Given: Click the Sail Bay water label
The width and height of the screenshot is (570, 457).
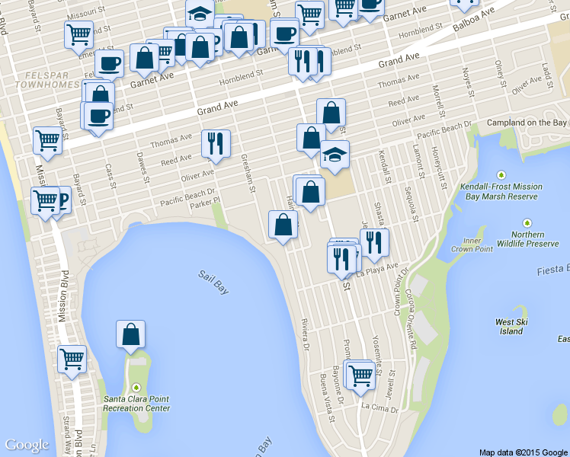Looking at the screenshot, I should [214, 282].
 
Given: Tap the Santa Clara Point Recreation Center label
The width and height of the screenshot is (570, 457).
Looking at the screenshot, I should [136, 403].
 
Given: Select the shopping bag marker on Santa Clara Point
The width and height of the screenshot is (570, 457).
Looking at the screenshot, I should [131, 335].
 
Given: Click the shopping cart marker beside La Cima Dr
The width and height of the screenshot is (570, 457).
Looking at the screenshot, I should [360, 374].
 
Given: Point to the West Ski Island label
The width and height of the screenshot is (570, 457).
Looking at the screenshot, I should [511, 326].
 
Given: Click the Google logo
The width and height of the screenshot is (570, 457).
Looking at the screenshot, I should [27, 445].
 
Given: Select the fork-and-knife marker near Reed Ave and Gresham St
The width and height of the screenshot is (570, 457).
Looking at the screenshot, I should [216, 143].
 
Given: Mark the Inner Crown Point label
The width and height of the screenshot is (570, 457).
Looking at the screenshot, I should [466, 245].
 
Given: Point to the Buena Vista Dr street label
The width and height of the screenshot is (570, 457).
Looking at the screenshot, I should [325, 396].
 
